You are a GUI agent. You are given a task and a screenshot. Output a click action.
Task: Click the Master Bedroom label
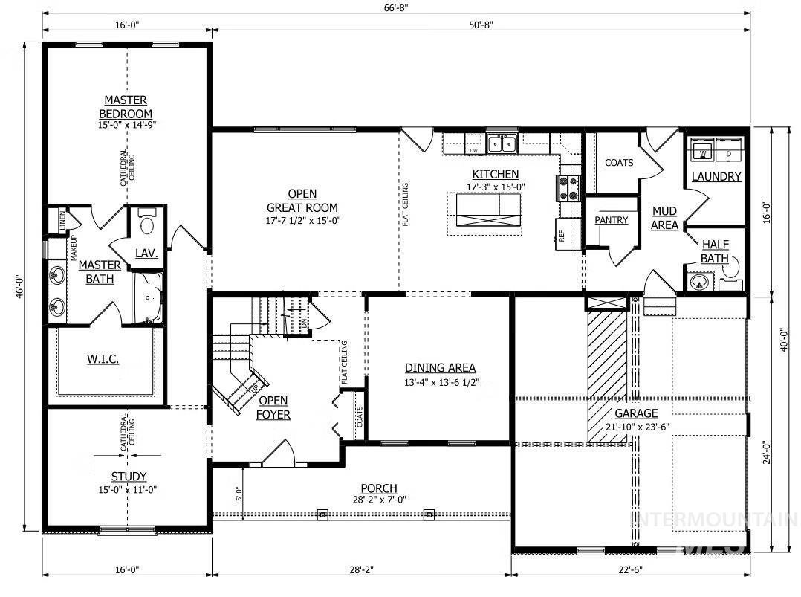(126, 107)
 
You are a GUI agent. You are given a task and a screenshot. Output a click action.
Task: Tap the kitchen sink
(502, 143)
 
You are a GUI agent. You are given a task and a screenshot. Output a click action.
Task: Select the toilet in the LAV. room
(147, 223)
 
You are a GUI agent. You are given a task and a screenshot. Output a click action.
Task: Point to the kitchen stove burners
(568, 188)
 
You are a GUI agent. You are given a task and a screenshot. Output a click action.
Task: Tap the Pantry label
(611, 220)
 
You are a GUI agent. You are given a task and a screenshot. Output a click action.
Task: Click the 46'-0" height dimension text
(20, 287)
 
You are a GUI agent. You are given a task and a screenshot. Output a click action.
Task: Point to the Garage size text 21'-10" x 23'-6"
(637, 427)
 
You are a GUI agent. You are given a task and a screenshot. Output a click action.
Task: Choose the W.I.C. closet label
(103, 359)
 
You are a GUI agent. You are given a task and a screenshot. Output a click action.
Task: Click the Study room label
(129, 477)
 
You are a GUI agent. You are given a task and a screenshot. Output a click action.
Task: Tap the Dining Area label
(440, 367)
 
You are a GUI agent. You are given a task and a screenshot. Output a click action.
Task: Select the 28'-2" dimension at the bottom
(361, 570)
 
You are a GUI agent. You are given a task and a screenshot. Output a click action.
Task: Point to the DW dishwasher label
(473, 151)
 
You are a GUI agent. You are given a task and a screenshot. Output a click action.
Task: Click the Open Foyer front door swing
(279, 453)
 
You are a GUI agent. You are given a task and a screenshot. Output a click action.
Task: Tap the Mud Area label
(664, 219)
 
